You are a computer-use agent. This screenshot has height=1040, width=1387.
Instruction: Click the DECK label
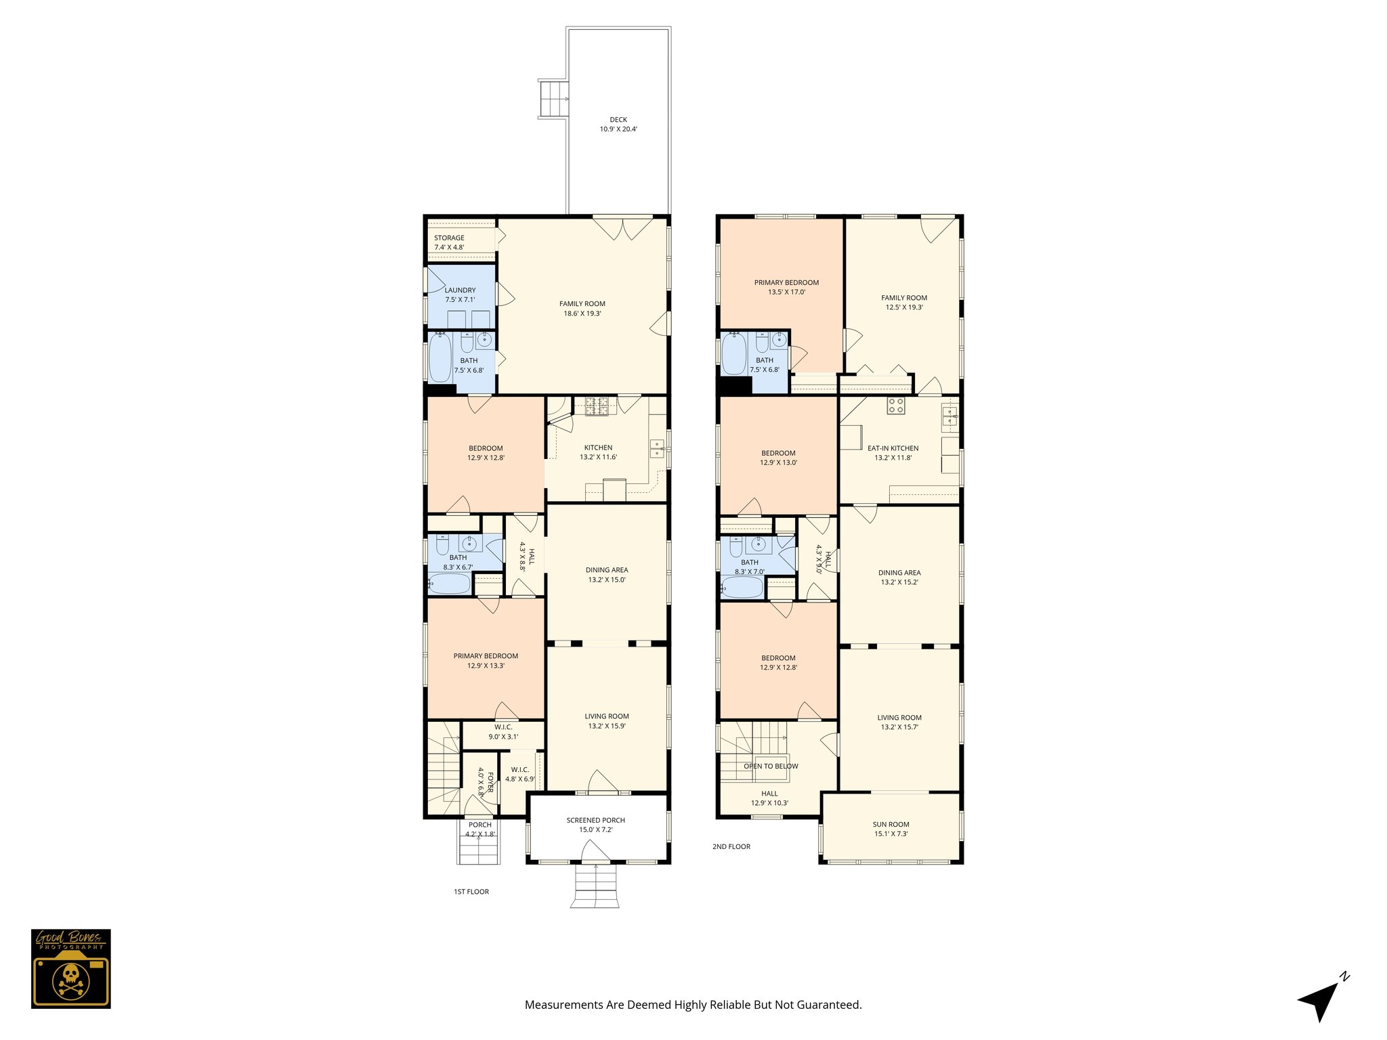[618, 120]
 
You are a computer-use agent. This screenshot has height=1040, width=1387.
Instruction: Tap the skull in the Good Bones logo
[70, 977]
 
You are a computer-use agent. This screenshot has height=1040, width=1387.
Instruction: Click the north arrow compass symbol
[1321, 999]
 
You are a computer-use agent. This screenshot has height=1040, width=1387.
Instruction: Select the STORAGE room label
[449, 238]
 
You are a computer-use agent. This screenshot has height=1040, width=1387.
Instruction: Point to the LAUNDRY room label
[460, 290]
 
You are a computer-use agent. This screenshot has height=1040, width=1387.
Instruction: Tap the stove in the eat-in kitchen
[895, 406]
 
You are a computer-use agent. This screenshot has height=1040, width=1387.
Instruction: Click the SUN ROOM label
[891, 824]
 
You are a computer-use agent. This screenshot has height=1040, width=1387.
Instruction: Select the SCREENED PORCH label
[595, 820]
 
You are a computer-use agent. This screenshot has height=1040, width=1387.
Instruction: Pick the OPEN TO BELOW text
[771, 766]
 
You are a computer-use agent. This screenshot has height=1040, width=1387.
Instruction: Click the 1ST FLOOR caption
[471, 892]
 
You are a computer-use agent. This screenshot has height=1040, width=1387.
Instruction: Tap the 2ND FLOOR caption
[731, 846]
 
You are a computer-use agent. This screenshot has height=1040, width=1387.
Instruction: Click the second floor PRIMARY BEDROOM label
[786, 282]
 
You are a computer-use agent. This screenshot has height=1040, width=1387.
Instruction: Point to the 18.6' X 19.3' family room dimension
[582, 313]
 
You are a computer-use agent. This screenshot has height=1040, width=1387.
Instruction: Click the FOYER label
[490, 780]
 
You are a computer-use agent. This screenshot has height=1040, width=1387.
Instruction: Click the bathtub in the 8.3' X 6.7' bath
[448, 583]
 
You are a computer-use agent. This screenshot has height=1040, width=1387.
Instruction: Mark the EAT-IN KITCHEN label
[893, 448]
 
